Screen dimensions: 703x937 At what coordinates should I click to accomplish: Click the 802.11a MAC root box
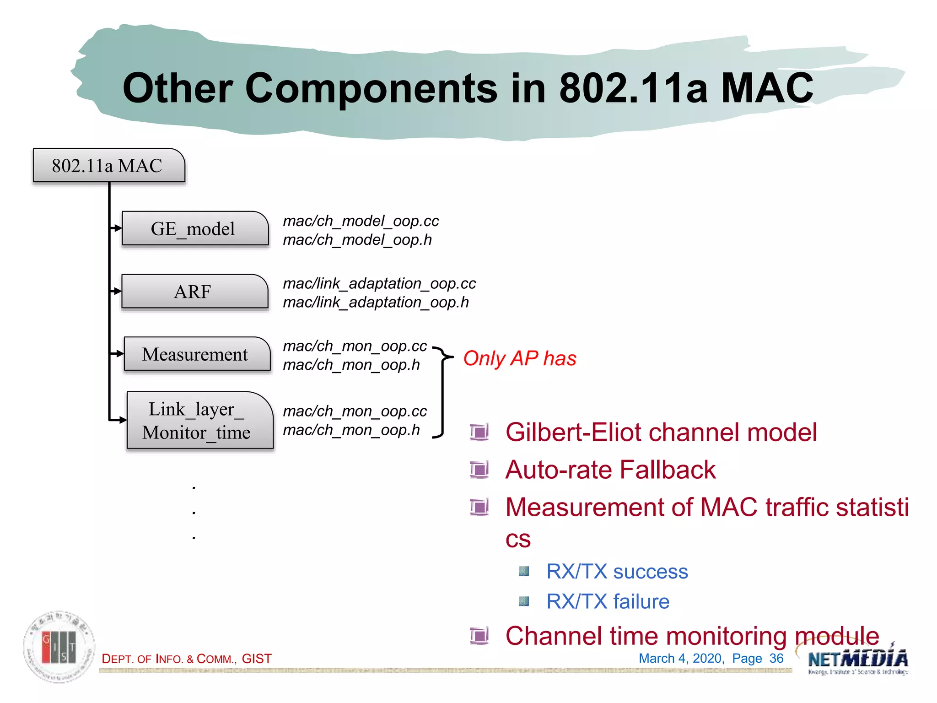coord(109,166)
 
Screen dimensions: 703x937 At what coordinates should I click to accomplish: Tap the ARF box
coord(194,292)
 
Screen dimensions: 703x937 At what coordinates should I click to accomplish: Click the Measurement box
coord(197,354)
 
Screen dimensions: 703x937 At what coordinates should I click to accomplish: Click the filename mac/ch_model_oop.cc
coord(361,221)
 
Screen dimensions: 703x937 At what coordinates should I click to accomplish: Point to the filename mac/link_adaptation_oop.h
coord(376,303)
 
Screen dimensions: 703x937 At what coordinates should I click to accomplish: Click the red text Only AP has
coord(519,358)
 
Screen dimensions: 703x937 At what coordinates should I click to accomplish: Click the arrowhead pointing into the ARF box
coord(117,291)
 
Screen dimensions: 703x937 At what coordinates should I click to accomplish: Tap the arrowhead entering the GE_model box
coord(117,228)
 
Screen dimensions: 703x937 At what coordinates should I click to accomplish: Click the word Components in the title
coord(371,88)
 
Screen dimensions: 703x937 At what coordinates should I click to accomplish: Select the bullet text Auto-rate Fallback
coord(610,470)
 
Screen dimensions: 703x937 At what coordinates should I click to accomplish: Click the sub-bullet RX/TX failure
coord(608,601)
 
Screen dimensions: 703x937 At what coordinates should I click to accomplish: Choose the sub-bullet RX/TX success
coord(617,572)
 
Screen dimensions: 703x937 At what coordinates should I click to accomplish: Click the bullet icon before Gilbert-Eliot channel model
coord(479,432)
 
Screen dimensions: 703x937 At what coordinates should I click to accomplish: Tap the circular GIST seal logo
coord(59,647)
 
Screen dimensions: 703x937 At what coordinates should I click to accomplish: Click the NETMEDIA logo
coord(857,660)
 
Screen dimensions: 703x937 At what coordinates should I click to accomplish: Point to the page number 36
coord(776,659)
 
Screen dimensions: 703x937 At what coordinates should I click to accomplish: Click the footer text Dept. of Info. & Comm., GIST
coord(187,659)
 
